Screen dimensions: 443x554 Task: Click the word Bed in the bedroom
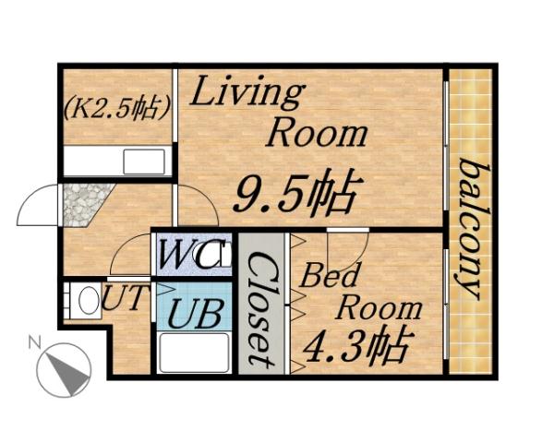point(325,276)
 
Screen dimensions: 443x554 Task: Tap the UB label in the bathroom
point(194,314)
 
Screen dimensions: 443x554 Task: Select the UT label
point(122,299)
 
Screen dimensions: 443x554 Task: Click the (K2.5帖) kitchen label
point(116,108)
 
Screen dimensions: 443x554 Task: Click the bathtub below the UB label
point(193,353)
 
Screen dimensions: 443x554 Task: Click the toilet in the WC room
point(222,256)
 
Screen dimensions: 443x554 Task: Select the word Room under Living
point(316,134)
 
